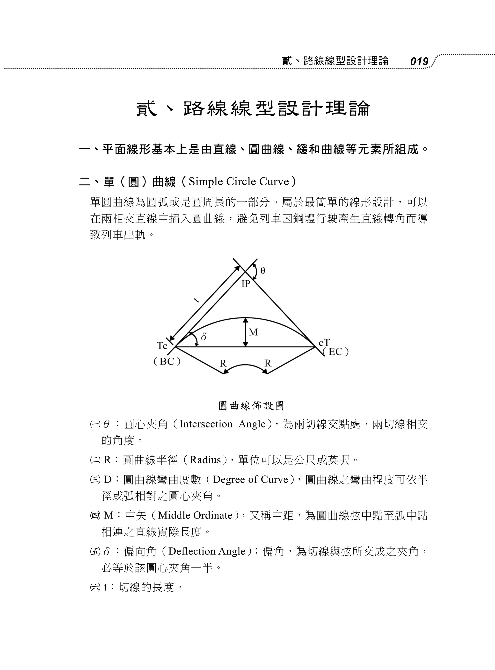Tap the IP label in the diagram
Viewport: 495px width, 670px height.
246,284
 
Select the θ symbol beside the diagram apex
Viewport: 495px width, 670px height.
263,271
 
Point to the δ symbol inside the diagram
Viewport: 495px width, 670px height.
204,337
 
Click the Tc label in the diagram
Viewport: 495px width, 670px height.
162,346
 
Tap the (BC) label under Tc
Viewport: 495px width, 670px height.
167,361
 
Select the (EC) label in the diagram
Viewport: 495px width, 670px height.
335,352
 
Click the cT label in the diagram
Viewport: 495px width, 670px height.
324,343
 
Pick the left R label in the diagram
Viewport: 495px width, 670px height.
223,363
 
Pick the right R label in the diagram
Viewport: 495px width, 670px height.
268,363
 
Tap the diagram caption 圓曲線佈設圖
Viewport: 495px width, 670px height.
251,406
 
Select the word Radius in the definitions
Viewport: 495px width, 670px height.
205,460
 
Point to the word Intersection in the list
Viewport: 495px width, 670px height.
206,424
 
